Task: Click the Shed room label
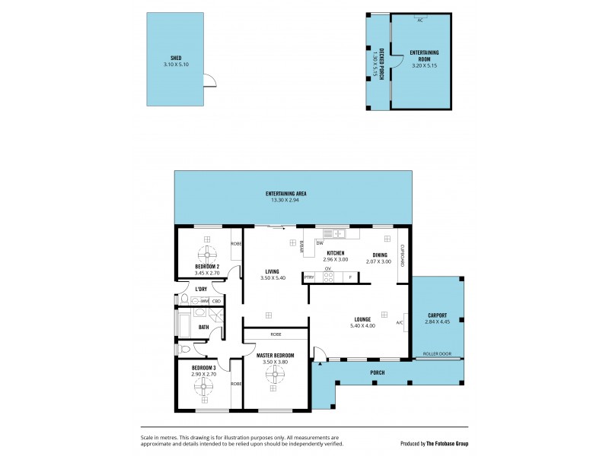pos(176,59)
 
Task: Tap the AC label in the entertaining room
pos(419,21)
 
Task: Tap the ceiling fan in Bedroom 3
pos(204,387)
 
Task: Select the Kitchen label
pos(336,253)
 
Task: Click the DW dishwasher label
pos(320,243)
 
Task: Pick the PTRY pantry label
pos(309,277)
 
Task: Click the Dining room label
pos(380,255)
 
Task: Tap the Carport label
pos(437,315)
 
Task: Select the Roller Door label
pos(438,353)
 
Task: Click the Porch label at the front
pos(378,372)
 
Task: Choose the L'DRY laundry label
pos(201,290)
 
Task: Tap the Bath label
pos(204,328)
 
